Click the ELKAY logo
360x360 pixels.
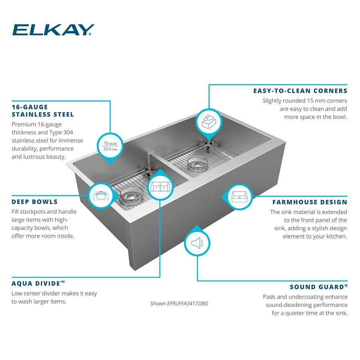pos(53,30)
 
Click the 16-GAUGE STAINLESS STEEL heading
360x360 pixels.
pos(43,111)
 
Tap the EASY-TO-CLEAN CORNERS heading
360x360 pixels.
pos(300,91)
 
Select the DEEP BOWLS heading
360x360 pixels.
pos(35,202)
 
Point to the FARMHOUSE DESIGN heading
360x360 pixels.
pos(310,202)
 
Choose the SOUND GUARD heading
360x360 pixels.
pos(318,287)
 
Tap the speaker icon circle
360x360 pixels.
pos(197,243)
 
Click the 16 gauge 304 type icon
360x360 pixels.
pos(110,146)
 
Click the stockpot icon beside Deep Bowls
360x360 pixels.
pos(100,196)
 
